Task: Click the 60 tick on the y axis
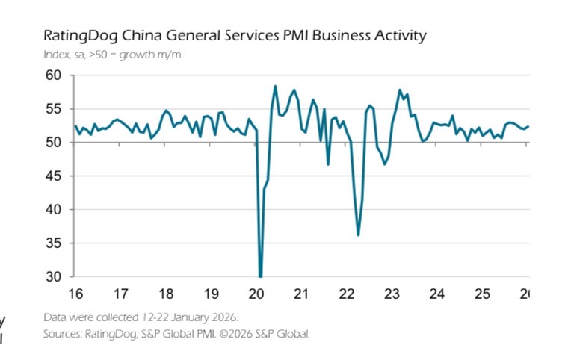(53, 75)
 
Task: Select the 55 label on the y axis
(53, 109)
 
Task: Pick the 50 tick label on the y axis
(53, 143)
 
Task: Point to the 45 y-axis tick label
(53, 176)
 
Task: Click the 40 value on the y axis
(53, 210)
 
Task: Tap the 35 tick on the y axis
(53, 243)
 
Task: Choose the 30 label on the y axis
(53, 277)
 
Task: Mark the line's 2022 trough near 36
(359, 235)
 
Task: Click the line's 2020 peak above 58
(276, 87)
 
